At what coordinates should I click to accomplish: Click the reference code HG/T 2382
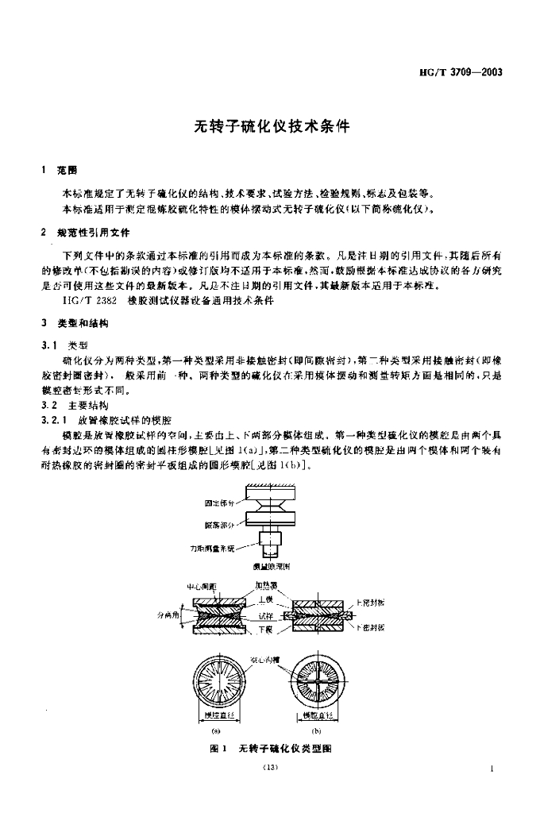tap(90, 302)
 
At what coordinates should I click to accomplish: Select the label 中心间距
tap(198, 587)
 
